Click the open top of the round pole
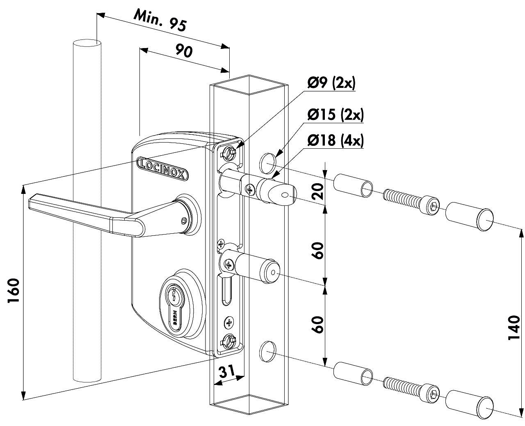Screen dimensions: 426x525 [87, 43]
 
